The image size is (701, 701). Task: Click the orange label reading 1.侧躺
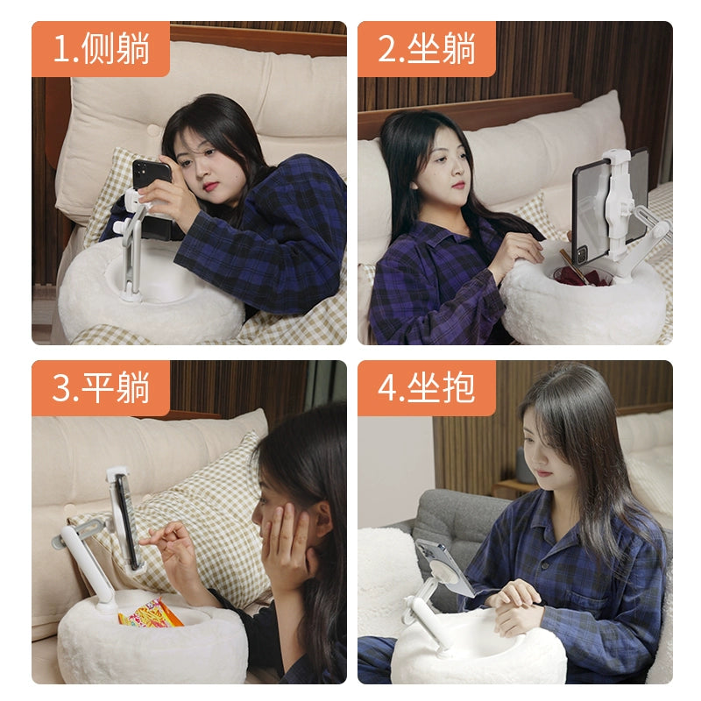point(101,49)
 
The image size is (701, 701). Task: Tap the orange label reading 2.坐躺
point(427,49)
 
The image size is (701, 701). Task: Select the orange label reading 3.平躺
point(101,387)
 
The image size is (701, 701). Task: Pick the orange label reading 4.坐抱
point(427,387)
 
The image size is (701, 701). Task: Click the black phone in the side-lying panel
point(152,197)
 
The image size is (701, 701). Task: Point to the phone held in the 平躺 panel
point(126,520)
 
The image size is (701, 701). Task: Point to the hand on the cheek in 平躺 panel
point(285,543)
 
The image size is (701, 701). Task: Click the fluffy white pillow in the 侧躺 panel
point(149,302)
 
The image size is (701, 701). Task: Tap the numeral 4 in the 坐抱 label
point(386,387)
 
